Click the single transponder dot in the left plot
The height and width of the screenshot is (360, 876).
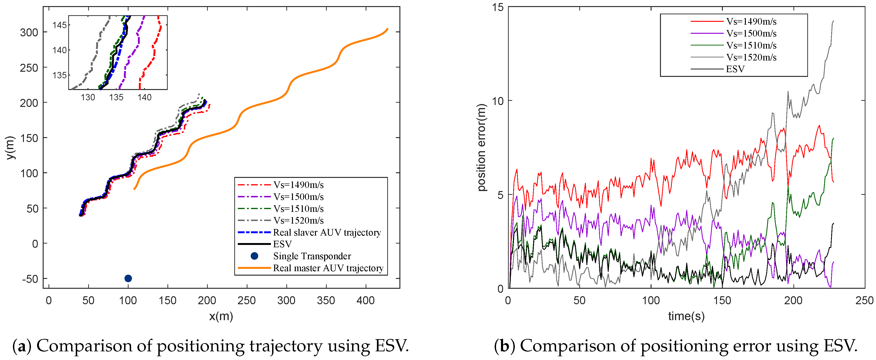(x=128, y=278)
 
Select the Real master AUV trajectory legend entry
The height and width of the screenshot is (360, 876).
(x=328, y=268)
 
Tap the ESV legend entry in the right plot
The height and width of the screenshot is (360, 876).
(x=735, y=69)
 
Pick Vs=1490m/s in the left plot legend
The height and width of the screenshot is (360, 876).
(x=298, y=185)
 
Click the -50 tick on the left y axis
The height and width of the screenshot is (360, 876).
(x=30, y=279)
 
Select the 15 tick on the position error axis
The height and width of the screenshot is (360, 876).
(x=497, y=7)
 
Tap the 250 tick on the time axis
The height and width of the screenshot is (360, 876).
(x=864, y=300)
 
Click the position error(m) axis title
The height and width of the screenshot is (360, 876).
(x=482, y=147)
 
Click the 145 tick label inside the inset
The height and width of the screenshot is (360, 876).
(x=60, y=25)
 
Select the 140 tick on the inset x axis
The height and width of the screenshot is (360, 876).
(x=144, y=97)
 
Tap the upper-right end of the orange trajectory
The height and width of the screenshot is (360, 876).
(x=387, y=29)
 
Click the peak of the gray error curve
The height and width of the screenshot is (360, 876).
(x=833, y=21)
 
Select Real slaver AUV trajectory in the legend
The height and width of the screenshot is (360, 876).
(x=326, y=232)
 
